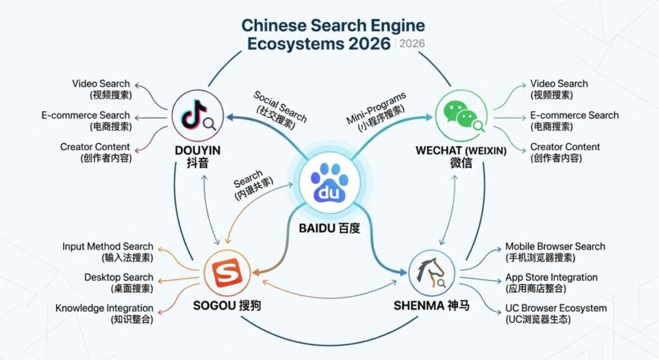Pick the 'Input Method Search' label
[x=107, y=247]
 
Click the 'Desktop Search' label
[x=118, y=278]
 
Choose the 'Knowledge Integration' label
[x=104, y=308]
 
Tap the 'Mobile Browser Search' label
[x=555, y=247]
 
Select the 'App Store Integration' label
[x=551, y=278]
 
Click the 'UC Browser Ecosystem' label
[x=555, y=308]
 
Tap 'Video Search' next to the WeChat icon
[x=559, y=84]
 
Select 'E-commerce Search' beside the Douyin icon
[x=86, y=115]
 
